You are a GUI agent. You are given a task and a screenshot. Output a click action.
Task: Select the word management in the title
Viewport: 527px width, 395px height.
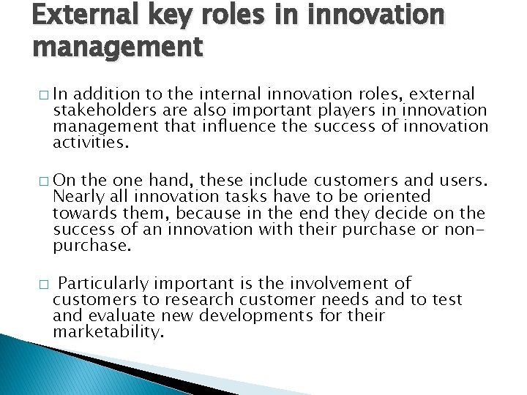point(117,47)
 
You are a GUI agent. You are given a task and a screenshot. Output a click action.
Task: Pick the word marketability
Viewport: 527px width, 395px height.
point(108,332)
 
